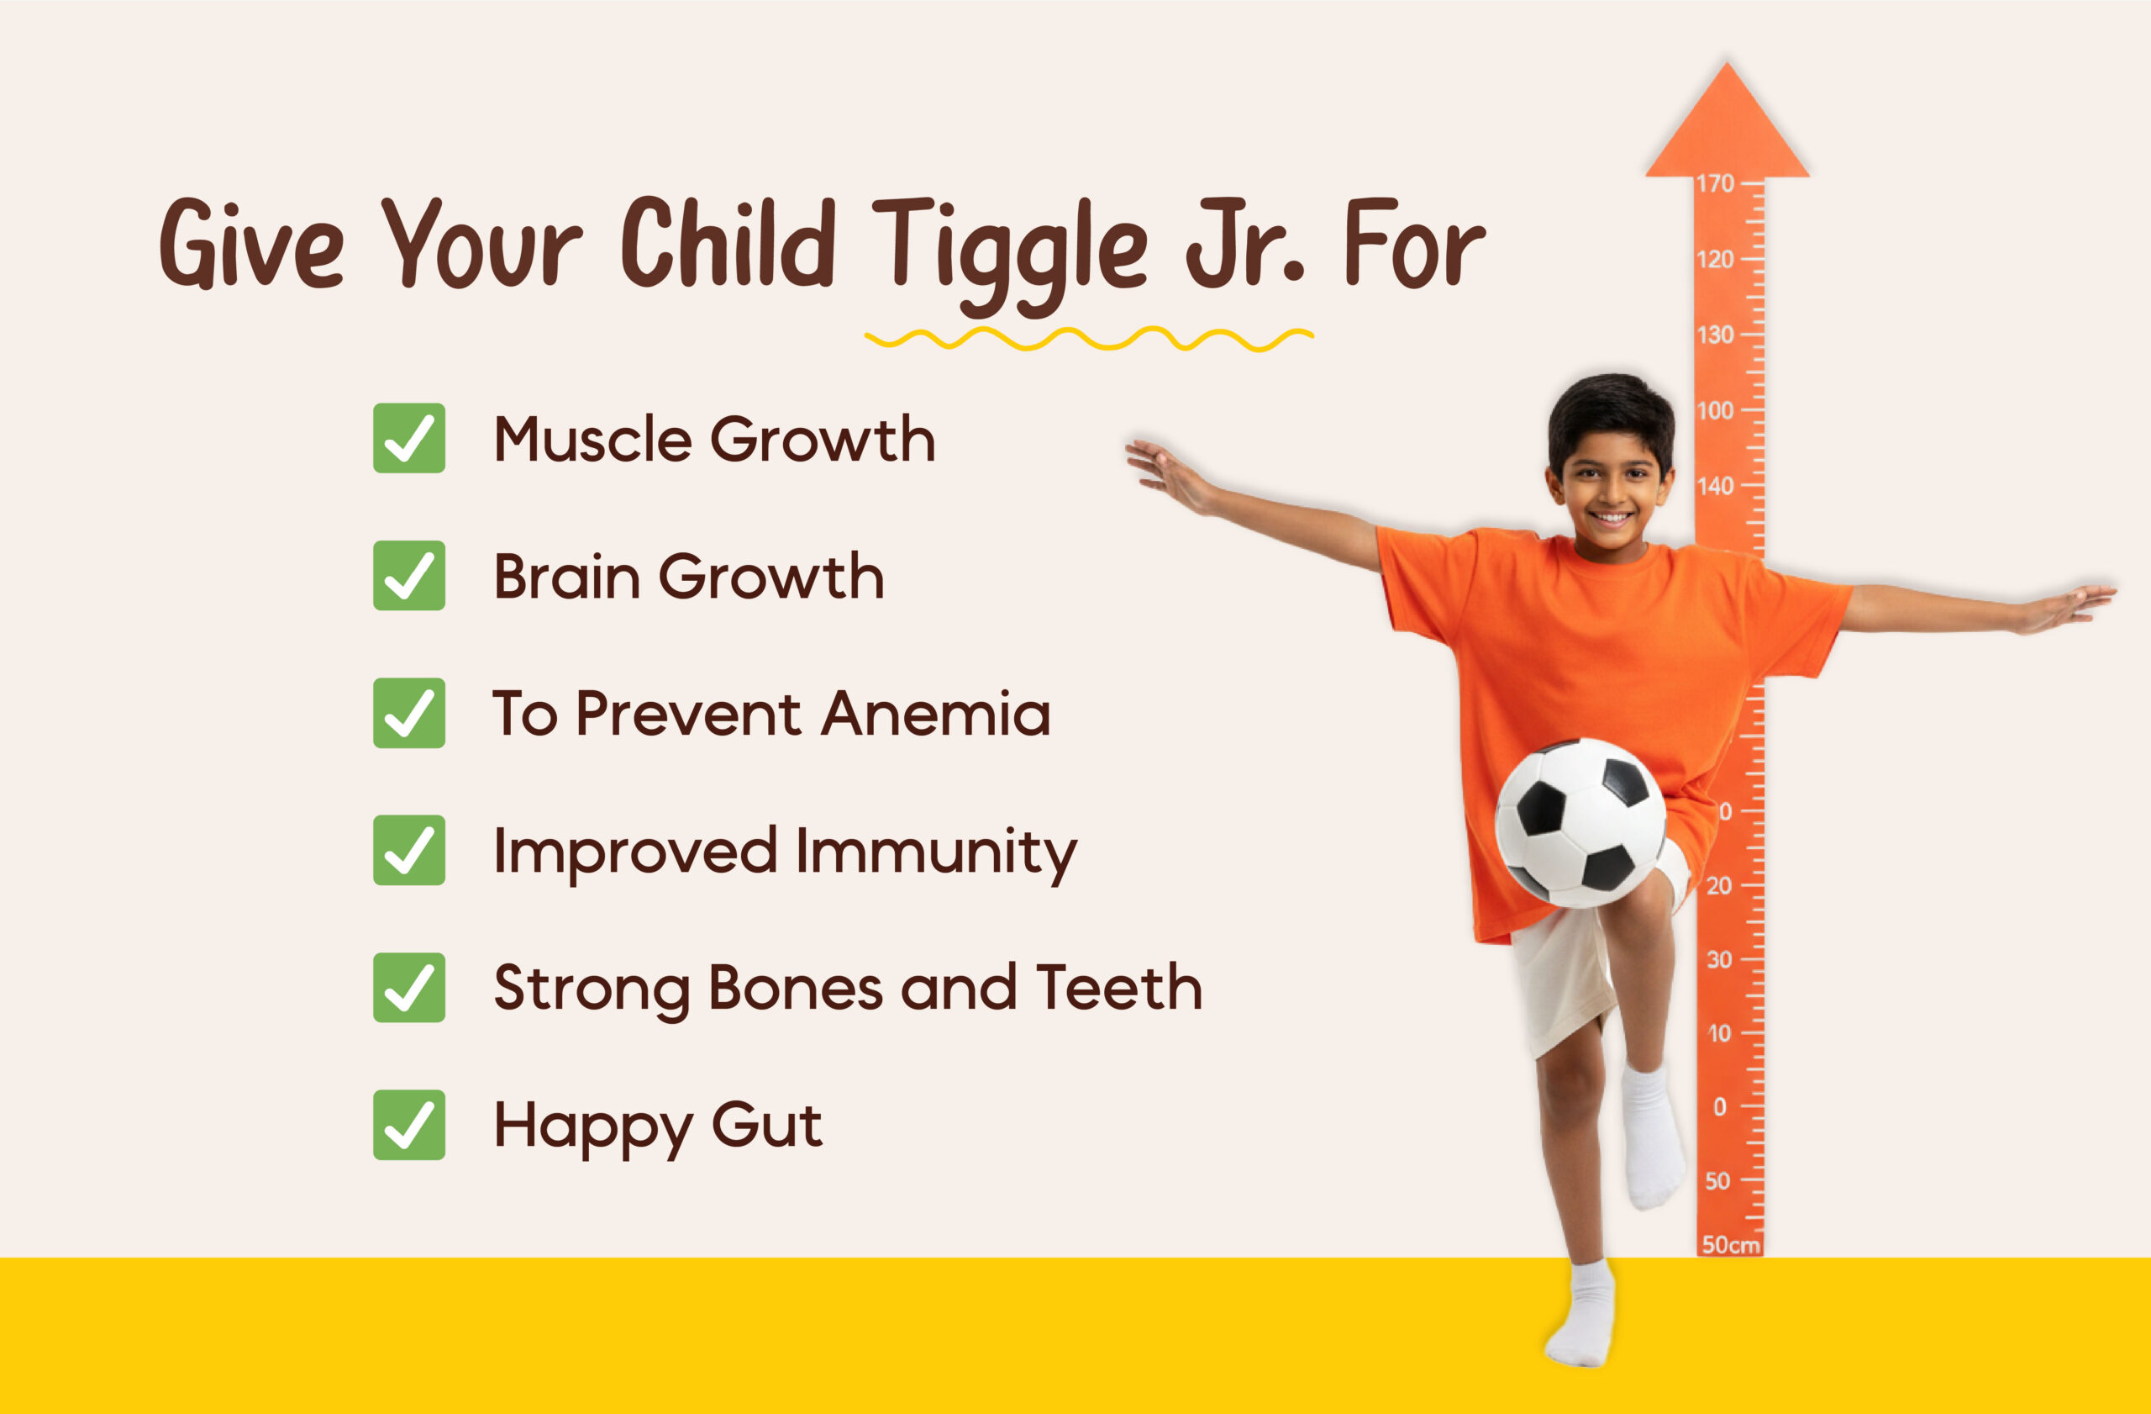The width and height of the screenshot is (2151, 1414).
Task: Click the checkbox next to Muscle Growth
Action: (408, 439)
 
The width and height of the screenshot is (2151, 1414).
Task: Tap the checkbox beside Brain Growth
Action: (408, 576)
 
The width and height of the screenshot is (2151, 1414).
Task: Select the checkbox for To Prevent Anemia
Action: (408, 714)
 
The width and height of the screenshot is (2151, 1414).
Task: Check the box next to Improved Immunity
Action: (408, 851)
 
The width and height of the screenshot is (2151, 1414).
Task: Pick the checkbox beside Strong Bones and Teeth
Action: (408, 988)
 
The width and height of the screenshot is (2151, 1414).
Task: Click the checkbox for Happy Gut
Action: (408, 1126)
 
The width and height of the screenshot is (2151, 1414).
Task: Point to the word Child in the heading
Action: (728, 242)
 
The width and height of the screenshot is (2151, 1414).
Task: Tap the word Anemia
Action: (936, 715)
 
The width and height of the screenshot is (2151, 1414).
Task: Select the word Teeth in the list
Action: (1119, 988)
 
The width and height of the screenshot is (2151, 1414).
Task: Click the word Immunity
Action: (936, 852)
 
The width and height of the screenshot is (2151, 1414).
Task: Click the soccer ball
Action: (1580, 823)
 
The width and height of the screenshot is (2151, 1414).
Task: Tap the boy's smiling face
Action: (1612, 493)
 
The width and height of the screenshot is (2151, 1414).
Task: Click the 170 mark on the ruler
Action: (1714, 184)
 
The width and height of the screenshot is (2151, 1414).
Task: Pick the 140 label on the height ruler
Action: (1714, 487)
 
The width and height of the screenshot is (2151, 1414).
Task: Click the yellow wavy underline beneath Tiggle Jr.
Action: (1089, 339)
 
